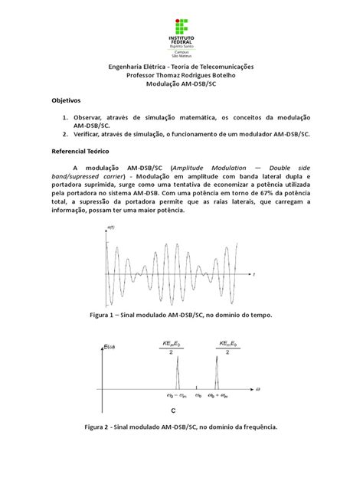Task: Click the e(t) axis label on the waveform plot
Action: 111,230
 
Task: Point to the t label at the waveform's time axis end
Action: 253,274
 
